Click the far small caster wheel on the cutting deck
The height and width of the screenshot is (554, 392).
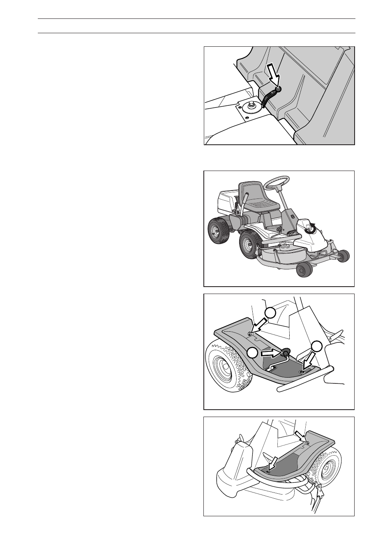pos(344,256)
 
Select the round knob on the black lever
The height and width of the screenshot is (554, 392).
pos(278,89)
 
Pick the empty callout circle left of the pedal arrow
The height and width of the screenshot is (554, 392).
pos(253,352)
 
